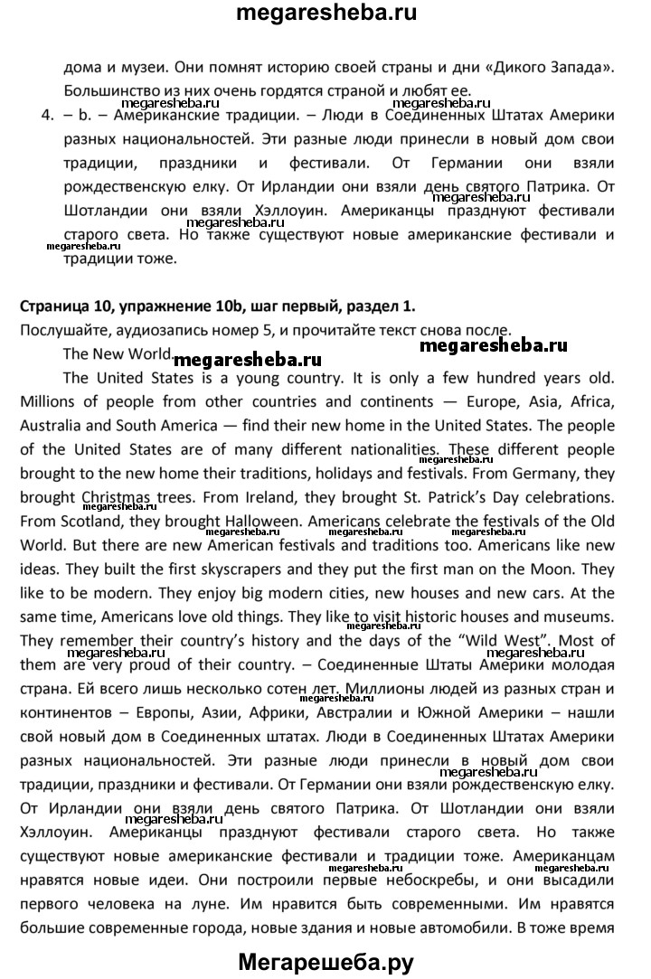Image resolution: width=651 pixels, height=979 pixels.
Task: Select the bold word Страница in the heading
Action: [52, 306]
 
